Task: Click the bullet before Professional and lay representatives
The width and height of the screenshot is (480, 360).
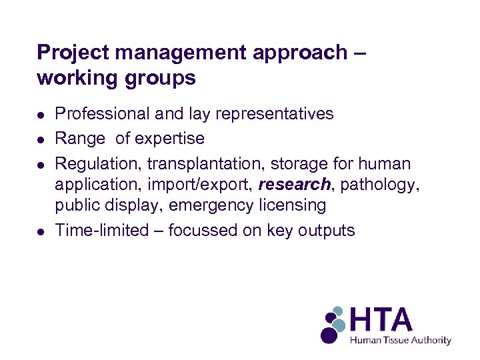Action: [x=41, y=115]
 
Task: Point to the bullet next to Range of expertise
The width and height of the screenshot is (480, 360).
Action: [x=41, y=139]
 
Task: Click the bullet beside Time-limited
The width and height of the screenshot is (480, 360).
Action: [x=41, y=231]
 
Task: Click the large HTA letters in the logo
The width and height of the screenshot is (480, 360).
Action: [x=382, y=321]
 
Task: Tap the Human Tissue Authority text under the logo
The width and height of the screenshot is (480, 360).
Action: [x=401, y=340]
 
